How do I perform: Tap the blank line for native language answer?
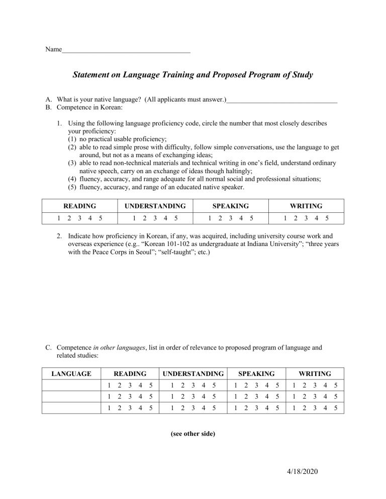coord(281,100)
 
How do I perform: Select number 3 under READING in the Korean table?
coord(79,218)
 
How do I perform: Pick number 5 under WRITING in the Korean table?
coord(327,218)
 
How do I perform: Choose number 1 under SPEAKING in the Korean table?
coord(210,218)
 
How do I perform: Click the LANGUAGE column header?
coord(71,373)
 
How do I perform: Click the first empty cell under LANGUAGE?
coord(71,386)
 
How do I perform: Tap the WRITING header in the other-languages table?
coord(315,373)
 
